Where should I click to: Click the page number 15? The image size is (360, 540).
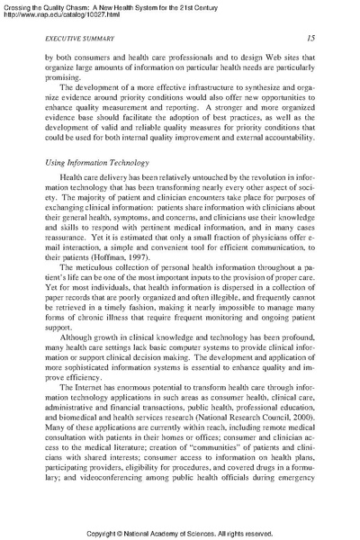coord(308,38)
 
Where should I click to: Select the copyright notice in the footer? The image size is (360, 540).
coord(180,531)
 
